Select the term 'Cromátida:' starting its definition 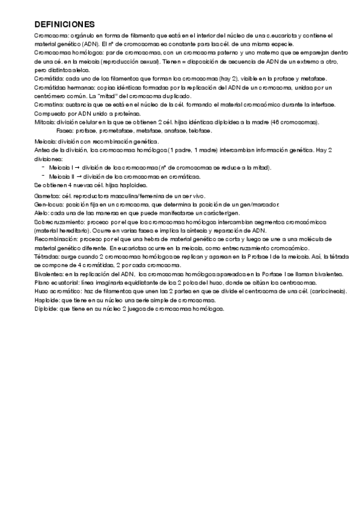click(49, 79)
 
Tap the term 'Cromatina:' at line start click(49, 105)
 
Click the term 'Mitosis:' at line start click(44, 122)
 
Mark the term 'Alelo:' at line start click(42, 214)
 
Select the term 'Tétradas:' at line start click(47, 257)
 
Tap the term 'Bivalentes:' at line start click(49, 274)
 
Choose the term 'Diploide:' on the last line click(46, 309)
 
